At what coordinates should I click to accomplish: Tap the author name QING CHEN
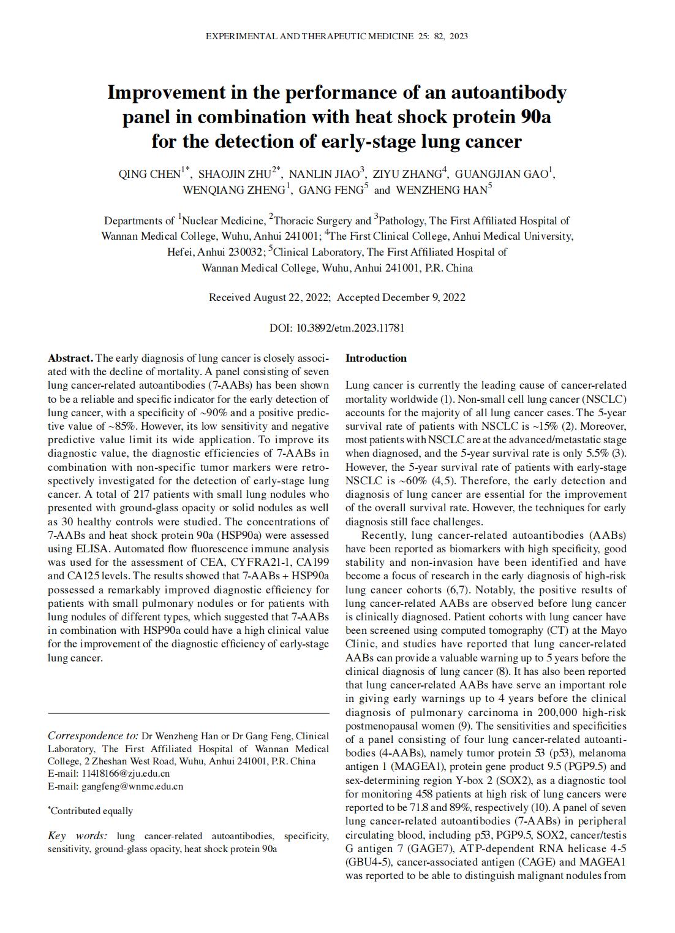point(149,174)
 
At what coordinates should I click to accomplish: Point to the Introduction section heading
point(375,358)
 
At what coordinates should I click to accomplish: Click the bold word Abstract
point(70,358)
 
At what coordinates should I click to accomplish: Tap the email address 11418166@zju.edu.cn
point(126,773)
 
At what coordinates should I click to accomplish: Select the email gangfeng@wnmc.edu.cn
point(132,786)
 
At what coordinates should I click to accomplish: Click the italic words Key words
point(77,836)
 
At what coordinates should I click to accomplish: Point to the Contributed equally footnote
point(91,810)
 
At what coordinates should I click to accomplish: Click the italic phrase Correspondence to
point(92,736)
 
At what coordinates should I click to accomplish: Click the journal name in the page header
point(309,36)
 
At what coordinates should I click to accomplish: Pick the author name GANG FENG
point(331,190)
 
